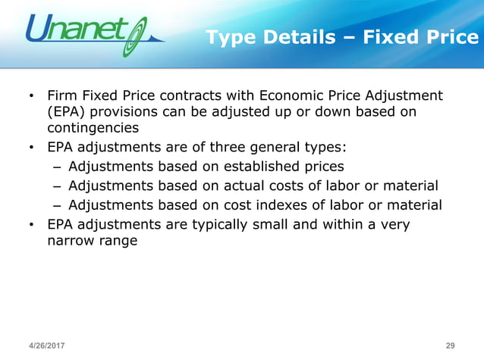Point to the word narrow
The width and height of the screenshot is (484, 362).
tap(69, 241)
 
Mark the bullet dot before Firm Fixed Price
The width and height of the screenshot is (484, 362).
tap(31, 97)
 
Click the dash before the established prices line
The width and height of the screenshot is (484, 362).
tap(58, 166)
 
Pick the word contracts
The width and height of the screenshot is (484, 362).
tap(188, 96)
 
